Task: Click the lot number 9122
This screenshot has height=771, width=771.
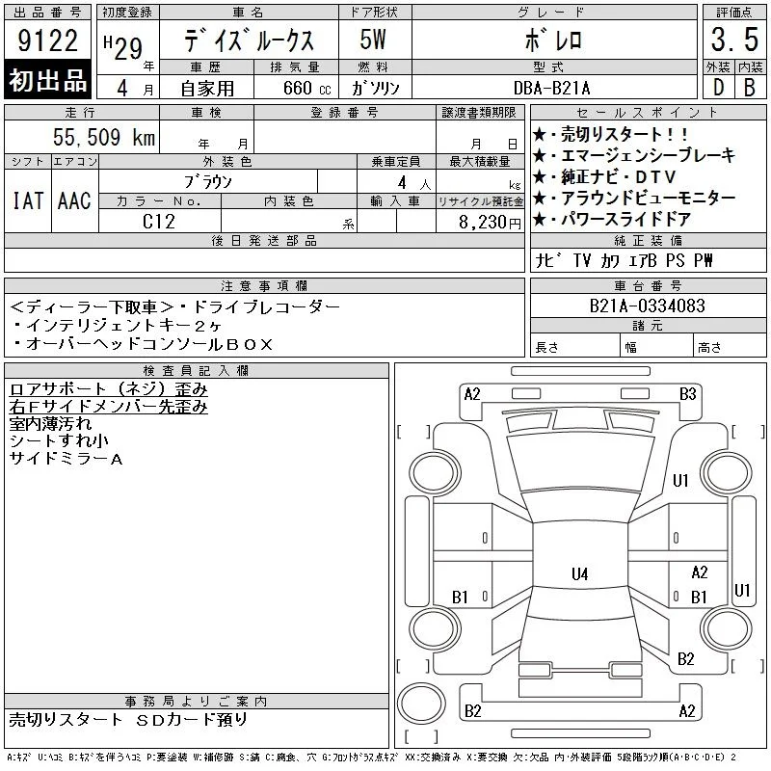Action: click(x=47, y=40)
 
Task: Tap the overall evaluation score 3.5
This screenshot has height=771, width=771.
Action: click(x=734, y=40)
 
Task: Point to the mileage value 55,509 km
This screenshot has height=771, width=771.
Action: click(x=104, y=137)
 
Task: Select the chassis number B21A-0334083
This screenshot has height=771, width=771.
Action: click(x=647, y=306)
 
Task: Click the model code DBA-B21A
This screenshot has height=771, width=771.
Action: click(x=551, y=88)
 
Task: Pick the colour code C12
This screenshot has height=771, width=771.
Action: click(x=158, y=222)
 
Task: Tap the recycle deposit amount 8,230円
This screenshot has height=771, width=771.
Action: click(x=490, y=223)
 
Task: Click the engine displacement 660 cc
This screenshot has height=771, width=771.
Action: click(x=307, y=88)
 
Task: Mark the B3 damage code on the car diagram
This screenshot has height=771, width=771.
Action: click(x=687, y=394)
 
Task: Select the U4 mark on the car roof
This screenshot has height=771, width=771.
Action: click(x=580, y=573)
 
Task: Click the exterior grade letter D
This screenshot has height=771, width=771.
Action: click(x=718, y=88)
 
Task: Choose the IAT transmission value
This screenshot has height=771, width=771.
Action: click(x=28, y=200)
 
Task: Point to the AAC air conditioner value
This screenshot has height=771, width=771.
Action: click(x=74, y=200)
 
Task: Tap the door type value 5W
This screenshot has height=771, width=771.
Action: click(x=373, y=40)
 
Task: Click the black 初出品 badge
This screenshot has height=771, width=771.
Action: click(x=47, y=79)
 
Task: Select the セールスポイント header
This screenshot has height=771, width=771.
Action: click(x=648, y=113)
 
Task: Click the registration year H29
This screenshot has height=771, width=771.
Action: click(x=123, y=47)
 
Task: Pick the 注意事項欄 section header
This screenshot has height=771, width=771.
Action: click(x=264, y=285)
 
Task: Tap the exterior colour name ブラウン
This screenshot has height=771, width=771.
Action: click(x=208, y=182)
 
